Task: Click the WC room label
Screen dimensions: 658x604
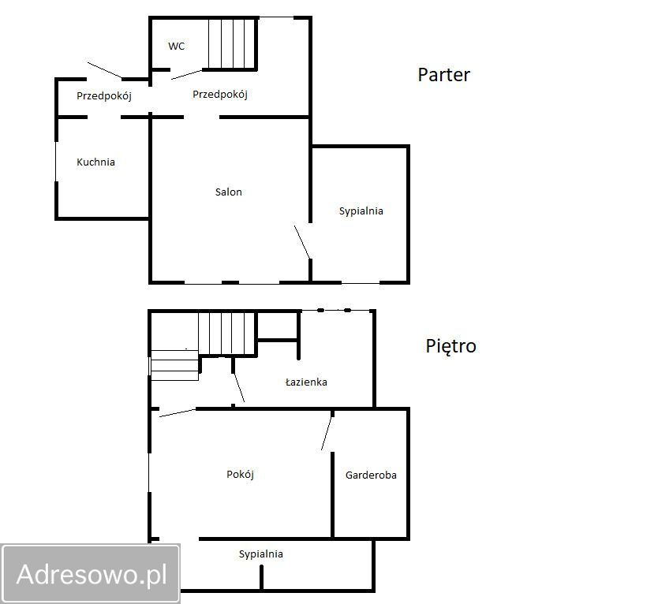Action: coord(176,46)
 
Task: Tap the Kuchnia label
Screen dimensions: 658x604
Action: coord(95,162)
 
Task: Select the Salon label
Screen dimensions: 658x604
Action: coord(228,192)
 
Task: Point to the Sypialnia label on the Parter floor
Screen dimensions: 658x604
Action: coord(361,211)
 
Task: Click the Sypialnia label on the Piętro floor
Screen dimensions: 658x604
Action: coord(260,554)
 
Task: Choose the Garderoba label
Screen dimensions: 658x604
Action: coord(371,475)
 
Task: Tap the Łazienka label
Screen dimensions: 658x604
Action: coord(306,382)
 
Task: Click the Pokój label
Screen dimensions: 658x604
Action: coord(240,475)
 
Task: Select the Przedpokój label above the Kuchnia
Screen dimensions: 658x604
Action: coord(104,96)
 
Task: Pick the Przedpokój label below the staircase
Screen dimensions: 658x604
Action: coord(220,95)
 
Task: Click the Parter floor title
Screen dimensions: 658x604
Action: coord(443,75)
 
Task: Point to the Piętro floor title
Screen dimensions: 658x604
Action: coord(451,346)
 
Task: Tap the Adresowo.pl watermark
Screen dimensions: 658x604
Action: coord(92,574)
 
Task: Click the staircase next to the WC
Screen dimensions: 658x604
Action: coord(232,43)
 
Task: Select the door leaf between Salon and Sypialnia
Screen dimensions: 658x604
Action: coord(302,242)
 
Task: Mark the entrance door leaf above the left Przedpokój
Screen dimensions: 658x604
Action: coord(104,70)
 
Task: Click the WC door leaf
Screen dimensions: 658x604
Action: coord(187,75)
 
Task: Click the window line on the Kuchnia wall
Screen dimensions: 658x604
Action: coord(56,162)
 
